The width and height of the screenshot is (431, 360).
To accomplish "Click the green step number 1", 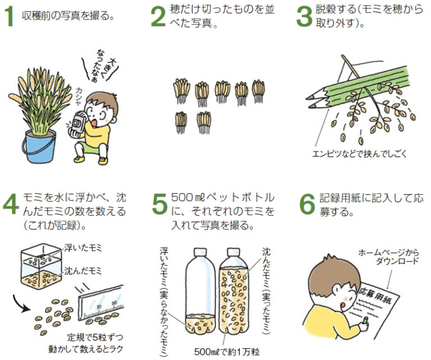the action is (10, 16).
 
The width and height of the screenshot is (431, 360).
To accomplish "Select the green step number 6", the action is (307, 204).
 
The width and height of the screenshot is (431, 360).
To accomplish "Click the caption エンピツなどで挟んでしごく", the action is (359, 153).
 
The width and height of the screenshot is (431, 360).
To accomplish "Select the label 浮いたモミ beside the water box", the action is (82, 248).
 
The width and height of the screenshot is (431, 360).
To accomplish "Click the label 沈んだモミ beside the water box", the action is (82, 271).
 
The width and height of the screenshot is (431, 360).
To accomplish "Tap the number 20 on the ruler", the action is (114, 303).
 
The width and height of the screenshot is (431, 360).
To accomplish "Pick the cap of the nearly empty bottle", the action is (200, 252).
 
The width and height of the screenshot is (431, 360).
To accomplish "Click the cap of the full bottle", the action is (233, 252).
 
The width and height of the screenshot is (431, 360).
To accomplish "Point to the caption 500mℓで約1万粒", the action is (227, 352).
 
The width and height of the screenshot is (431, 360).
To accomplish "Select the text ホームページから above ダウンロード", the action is (388, 253).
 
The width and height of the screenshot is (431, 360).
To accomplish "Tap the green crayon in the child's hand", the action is (365, 320).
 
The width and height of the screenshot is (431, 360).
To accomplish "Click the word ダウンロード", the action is (397, 261).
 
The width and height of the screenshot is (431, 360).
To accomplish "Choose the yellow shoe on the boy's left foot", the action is (103, 161).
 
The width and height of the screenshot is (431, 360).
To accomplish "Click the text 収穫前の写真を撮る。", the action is (67, 16).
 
